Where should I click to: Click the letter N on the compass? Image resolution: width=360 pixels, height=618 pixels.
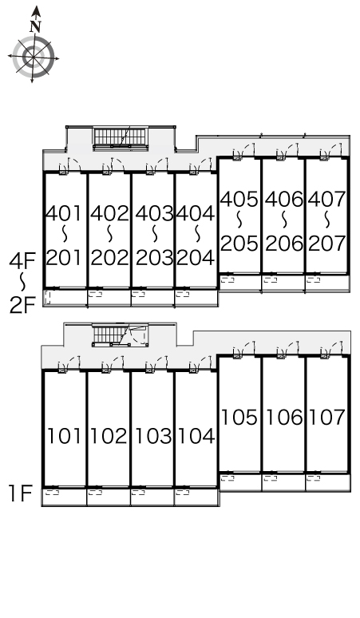pos(35,26)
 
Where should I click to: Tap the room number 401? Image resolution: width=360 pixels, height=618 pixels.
pos(64,214)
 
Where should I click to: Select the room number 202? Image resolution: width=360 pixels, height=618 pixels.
pos(110,258)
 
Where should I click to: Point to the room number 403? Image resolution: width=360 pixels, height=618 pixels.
pos(154,214)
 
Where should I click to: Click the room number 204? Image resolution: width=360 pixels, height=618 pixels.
pos(196,258)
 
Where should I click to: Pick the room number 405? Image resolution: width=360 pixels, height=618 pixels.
pos(239,200)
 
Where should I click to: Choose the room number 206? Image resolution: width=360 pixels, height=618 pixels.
pos(284,244)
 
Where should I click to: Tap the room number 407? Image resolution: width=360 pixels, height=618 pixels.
pos(327,200)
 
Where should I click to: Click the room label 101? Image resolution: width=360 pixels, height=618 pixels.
pos(65,436)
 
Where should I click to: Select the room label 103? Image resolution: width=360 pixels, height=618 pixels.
pos(153,436)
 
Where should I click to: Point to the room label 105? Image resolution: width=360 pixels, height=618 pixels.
pos(239,418)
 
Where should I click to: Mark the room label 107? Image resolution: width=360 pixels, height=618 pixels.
pos(327,418)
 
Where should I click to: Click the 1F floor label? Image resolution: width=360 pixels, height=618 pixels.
pos(21,493)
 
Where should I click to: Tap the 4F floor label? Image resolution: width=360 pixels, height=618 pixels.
pos(22,260)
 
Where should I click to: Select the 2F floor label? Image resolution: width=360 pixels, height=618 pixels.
pos(22,305)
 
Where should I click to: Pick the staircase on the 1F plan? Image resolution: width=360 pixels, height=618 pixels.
pos(120,335)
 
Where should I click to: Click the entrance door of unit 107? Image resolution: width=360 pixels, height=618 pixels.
pos(330,351)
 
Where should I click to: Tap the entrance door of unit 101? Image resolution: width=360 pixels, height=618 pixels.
pos(69,365)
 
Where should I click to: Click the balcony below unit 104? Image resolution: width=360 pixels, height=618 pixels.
pos(196,497)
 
